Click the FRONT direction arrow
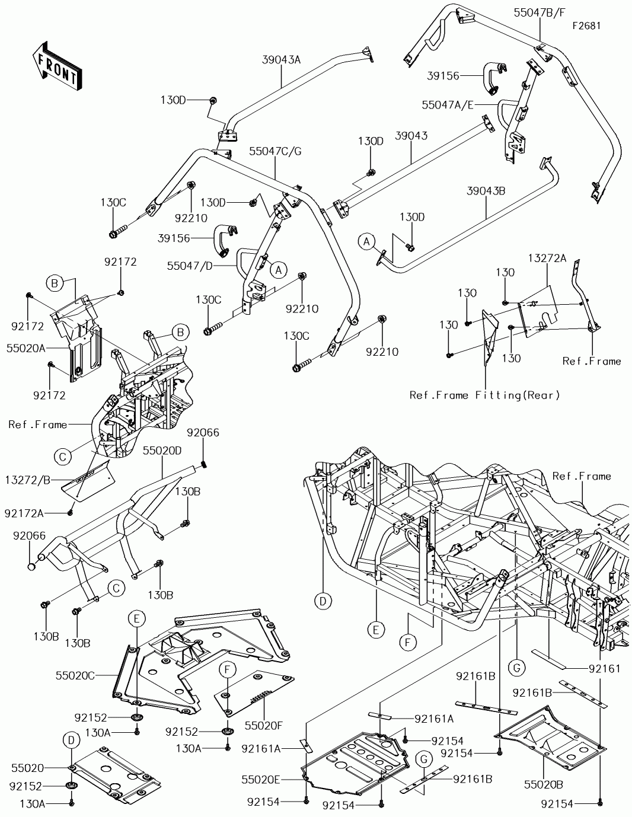57,65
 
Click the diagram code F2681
587,26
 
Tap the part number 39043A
281,60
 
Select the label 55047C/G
275,151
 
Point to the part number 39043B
486,191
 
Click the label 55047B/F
540,13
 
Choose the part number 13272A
547,258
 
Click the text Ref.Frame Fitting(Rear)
484,395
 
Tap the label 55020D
162,451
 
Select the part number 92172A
24,513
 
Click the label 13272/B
28,480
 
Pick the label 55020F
264,725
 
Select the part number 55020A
26,348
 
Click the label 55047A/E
448,105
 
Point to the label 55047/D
190,266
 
